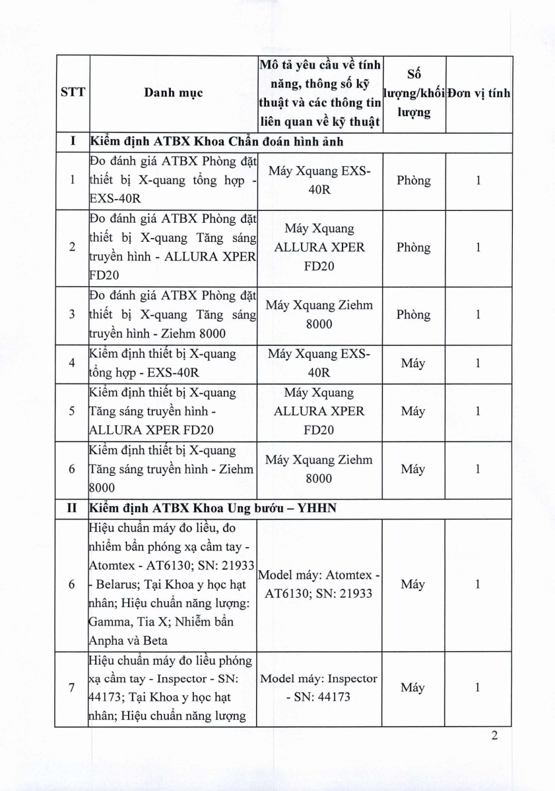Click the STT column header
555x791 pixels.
pyautogui.click(x=73, y=93)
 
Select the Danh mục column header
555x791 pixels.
pyautogui.click(x=173, y=93)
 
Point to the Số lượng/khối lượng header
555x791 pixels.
pyautogui.click(x=414, y=93)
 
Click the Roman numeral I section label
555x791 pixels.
pyautogui.click(x=73, y=141)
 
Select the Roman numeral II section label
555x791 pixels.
pyautogui.click(x=73, y=508)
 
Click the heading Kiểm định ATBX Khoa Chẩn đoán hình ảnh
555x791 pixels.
pyautogui.click(x=216, y=141)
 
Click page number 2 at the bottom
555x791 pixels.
pyautogui.click(x=494, y=736)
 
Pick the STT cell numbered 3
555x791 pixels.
pyautogui.click(x=73, y=314)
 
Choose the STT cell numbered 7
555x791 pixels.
pyautogui.click(x=73, y=688)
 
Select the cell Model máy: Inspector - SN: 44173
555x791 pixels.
pyautogui.click(x=319, y=688)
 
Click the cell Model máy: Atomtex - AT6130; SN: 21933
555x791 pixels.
pyautogui.click(x=319, y=584)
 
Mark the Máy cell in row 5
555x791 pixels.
pyautogui.click(x=414, y=411)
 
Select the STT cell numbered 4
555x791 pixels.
pyautogui.click(x=73, y=363)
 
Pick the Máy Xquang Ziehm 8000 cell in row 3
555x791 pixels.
pyautogui.click(x=319, y=314)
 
